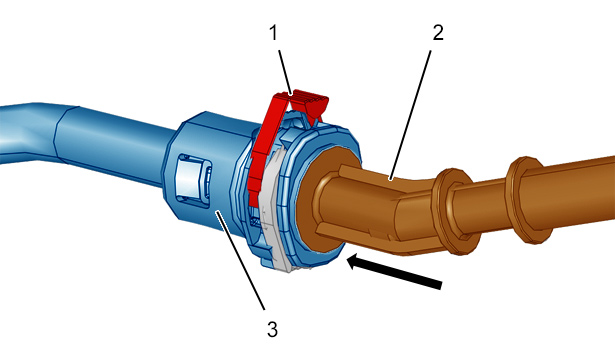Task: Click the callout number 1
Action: point(273,33)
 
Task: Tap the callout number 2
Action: point(438,33)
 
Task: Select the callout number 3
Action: point(273,329)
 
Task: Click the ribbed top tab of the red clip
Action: point(311,100)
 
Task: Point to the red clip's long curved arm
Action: point(262,149)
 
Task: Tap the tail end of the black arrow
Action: point(440,285)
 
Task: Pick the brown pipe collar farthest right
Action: point(528,199)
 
